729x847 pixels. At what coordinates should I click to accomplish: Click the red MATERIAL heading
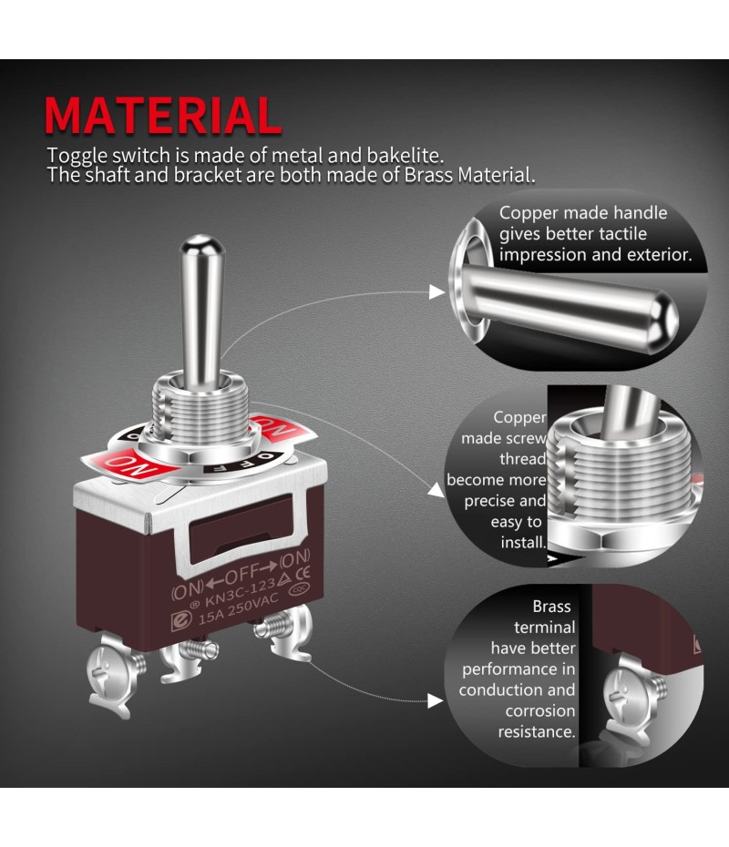(162, 116)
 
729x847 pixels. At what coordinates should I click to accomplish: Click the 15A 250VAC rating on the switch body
(239, 608)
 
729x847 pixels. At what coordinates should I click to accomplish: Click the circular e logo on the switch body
(181, 621)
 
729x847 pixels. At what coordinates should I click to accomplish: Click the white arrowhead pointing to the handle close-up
(436, 291)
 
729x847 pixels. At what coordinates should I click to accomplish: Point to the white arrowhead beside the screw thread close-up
(436, 490)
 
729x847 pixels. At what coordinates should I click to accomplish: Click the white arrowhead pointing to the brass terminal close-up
(436, 700)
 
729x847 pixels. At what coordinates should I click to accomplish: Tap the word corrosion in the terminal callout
(539, 711)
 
